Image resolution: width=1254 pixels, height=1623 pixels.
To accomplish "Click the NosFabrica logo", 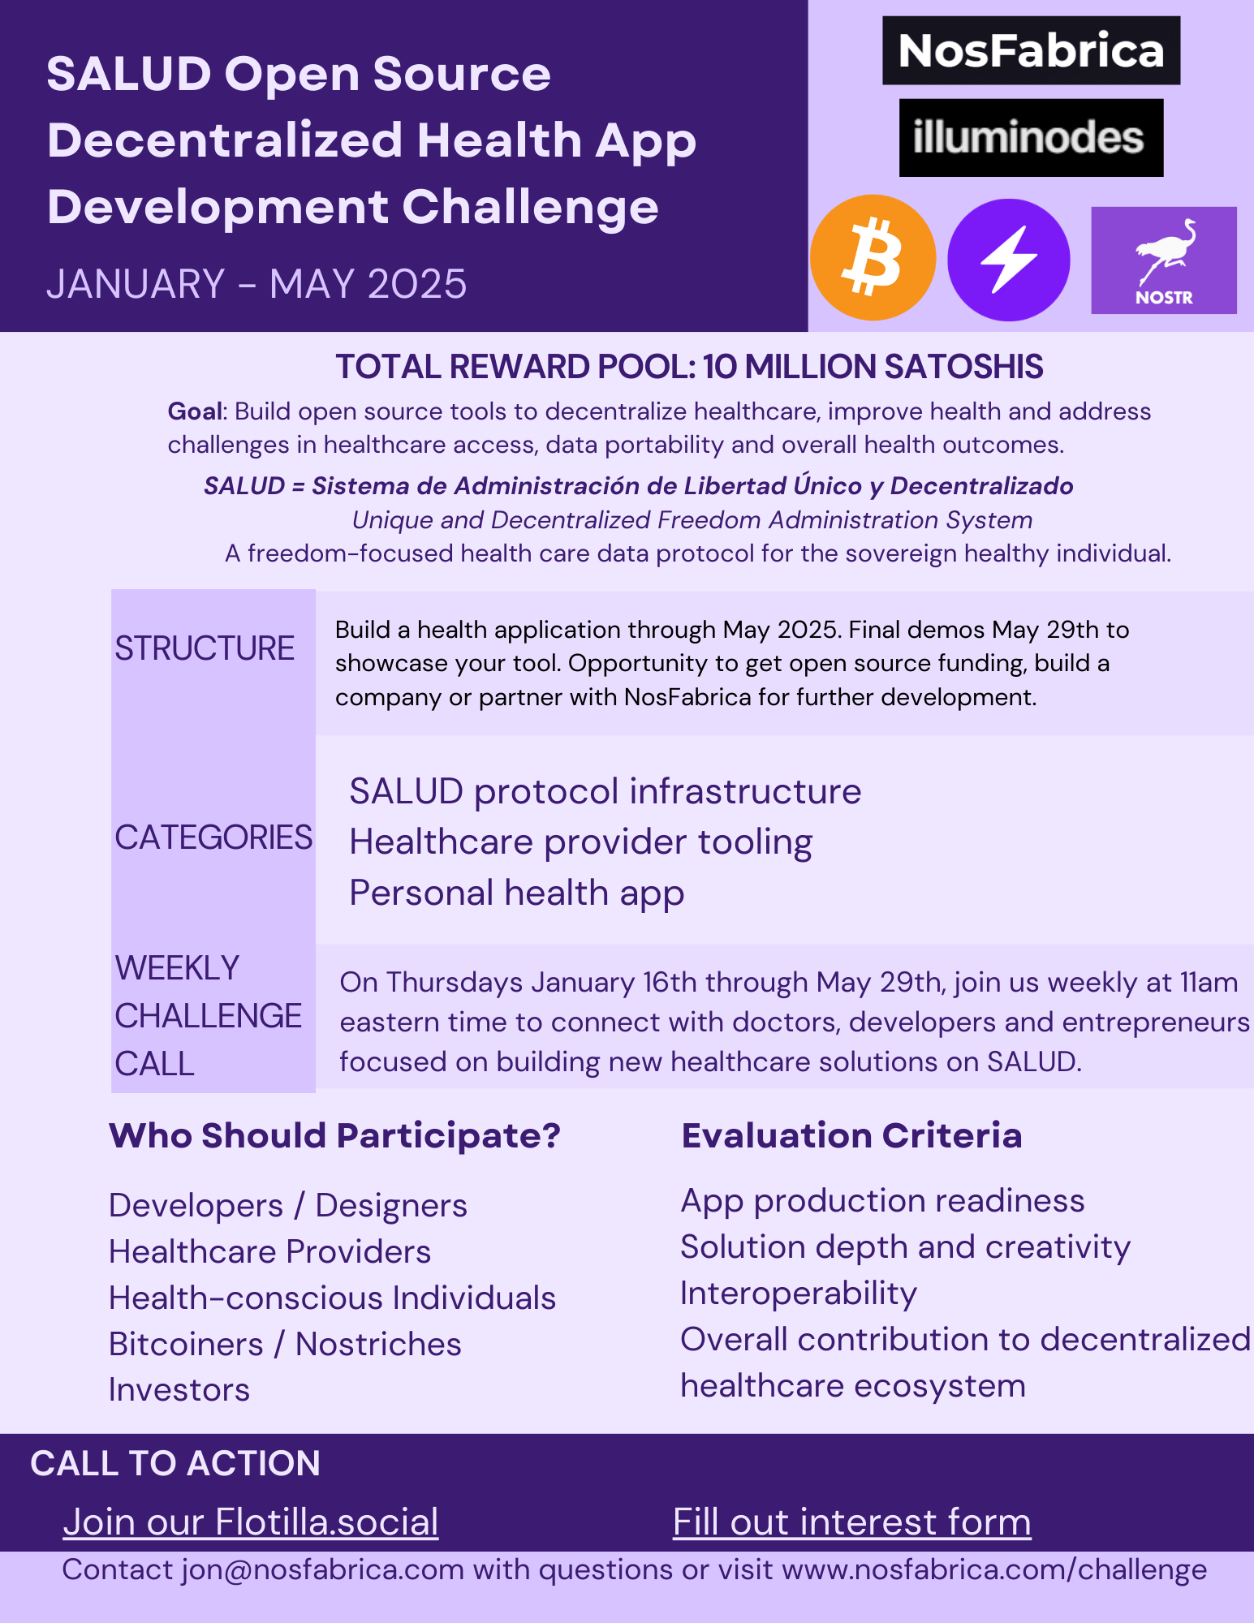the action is (x=1031, y=50).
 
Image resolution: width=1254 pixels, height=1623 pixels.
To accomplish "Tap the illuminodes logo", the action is (x=1031, y=138).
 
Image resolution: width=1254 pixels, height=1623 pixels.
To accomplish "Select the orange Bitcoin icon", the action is (x=873, y=258).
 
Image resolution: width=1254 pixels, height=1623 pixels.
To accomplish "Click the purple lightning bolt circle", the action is (x=1009, y=260).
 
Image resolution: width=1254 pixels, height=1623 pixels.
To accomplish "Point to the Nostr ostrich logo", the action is (x=1164, y=260).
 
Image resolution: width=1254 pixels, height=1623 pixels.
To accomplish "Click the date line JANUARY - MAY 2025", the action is (x=256, y=284).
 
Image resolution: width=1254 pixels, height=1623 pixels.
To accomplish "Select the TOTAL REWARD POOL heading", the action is (x=689, y=367).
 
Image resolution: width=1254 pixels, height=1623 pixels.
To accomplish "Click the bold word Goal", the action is (x=195, y=411).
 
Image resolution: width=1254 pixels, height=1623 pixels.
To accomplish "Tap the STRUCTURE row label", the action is (x=205, y=648).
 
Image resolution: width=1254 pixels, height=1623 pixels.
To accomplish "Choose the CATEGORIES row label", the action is (x=213, y=837).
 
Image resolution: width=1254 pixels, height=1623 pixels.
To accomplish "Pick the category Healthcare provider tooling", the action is (x=580, y=843).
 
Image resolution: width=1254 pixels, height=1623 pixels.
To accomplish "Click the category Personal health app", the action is (x=517, y=893).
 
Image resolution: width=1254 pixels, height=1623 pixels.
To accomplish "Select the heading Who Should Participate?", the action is (x=334, y=1136).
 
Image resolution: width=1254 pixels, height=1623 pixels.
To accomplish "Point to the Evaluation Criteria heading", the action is (x=851, y=1135).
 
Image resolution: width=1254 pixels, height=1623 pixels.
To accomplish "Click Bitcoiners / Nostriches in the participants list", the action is (x=285, y=1345).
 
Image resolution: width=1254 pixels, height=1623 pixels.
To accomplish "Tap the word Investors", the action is (x=179, y=1390).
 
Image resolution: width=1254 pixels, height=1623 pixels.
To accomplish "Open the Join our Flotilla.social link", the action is (x=251, y=1522).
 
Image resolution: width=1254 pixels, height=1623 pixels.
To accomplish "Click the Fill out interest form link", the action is (x=852, y=1522).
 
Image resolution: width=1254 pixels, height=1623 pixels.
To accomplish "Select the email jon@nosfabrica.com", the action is (x=323, y=1570).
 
